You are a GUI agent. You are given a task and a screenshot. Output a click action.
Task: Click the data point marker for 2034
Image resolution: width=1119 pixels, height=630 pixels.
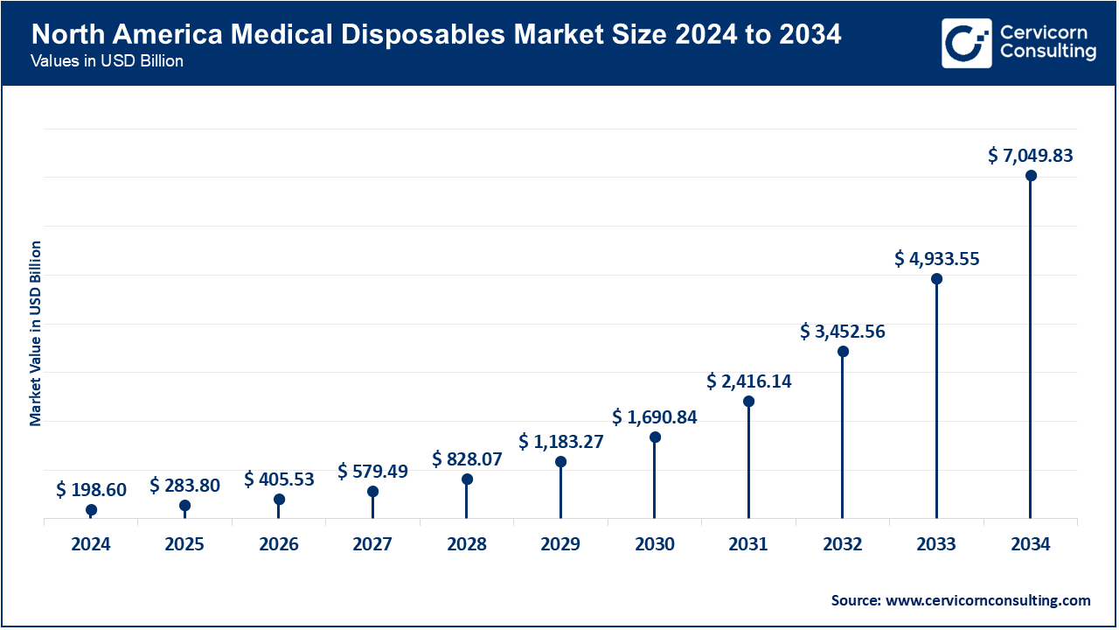pos(1031,176)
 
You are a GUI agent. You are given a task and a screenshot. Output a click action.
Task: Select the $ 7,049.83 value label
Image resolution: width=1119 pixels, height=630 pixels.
pos(1031,156)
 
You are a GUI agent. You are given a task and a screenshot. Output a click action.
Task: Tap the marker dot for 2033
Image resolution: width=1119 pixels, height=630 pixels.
pos(936,279)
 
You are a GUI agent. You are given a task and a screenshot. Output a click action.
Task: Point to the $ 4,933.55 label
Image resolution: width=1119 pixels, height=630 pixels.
pos(936,259)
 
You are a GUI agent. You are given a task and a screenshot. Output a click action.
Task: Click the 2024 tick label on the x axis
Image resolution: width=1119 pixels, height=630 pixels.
pos(91,544)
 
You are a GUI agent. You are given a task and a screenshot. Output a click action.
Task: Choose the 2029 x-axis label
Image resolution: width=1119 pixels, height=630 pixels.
pos(560,544)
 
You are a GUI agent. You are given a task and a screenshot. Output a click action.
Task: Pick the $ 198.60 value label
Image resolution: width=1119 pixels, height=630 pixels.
pos(91,490)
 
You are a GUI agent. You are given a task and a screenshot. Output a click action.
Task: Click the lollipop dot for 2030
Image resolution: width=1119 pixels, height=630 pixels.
pos(655,437)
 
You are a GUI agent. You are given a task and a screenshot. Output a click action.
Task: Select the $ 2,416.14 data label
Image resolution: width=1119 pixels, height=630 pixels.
pos(748,381)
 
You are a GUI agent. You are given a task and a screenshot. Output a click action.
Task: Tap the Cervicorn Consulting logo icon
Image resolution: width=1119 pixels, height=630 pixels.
pos(968,43)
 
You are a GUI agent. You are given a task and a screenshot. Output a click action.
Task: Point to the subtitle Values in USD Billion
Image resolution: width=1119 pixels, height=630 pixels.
pos(107,62)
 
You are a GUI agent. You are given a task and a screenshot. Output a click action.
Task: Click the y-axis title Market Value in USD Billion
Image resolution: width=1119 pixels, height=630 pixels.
pos(36,332)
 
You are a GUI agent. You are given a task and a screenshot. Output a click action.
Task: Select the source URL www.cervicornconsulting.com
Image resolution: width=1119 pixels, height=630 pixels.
pos(989,600)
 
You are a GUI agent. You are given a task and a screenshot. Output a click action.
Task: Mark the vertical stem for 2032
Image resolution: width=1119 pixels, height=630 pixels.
pos(843,437)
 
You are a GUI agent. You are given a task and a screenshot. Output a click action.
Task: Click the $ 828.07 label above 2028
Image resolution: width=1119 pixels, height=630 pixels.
pos(467,459)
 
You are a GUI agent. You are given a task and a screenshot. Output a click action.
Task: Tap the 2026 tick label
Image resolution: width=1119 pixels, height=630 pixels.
pos(279,544)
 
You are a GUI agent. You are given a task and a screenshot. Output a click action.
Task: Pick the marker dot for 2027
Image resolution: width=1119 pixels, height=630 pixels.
pos(372,492)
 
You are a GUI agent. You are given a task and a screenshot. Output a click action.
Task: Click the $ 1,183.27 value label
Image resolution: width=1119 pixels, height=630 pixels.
pos(560,441)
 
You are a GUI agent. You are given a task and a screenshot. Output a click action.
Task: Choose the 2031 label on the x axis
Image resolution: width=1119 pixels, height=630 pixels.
pos(748,544)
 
